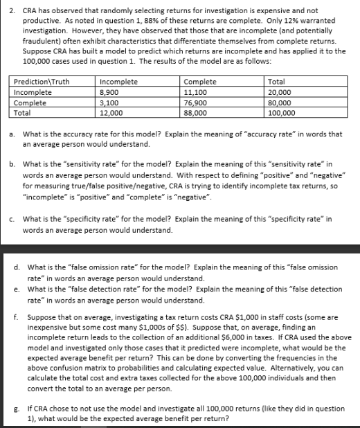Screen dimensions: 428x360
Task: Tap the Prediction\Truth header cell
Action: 42,81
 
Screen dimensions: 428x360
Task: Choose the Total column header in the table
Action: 276,81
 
